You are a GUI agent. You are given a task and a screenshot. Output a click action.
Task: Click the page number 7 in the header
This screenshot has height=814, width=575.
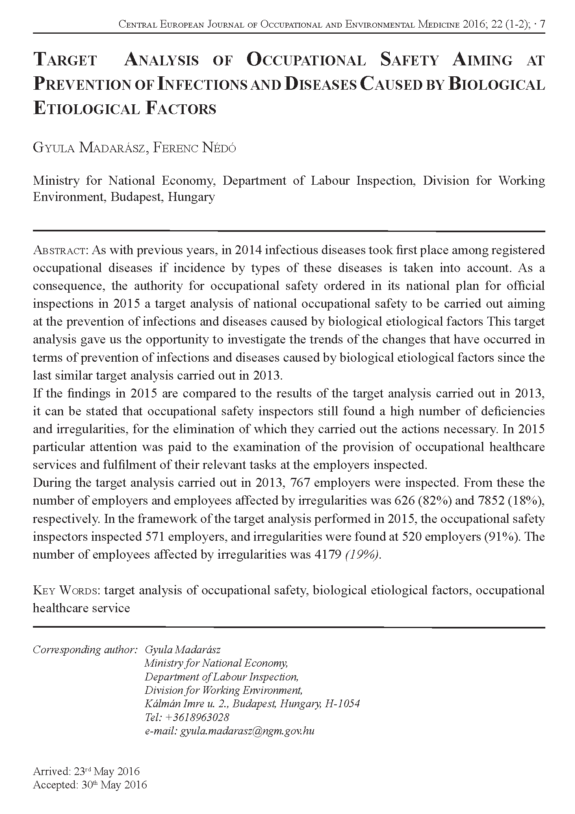[542, 25]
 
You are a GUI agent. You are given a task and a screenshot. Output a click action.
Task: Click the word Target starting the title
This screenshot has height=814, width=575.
[65, 60]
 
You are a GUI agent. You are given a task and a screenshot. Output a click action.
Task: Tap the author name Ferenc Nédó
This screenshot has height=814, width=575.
[195, 148]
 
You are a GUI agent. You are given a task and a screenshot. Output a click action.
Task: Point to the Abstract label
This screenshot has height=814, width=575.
[61, 250]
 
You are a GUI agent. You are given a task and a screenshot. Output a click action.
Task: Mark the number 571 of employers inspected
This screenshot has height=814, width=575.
[154, 536]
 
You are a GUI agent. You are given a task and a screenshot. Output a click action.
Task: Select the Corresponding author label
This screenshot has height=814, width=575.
[85, 650]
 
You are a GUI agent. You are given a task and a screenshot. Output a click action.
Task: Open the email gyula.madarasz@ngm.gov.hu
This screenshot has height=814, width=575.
[247, 731]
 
